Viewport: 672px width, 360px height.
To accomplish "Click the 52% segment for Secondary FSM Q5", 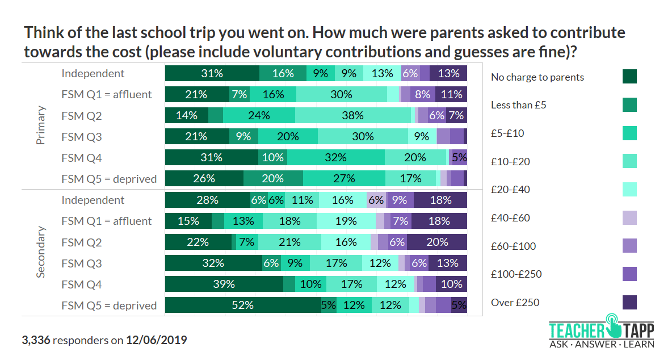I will coord(242,305).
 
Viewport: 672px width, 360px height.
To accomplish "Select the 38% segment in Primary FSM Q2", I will coord(352,115).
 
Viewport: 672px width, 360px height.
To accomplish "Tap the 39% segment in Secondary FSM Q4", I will coord(224,284).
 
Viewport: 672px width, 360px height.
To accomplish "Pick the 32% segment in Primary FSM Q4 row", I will coord(335,157).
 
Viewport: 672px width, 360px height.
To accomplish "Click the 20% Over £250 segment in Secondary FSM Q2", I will coord(437,242).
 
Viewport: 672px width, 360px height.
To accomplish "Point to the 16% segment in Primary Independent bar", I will coord(283,73).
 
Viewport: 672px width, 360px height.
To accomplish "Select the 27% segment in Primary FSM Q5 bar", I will coord(344,178).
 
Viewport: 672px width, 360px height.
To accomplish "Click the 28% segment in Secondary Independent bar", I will coord(207,200).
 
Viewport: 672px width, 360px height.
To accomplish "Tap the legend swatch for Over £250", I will coord(629,303).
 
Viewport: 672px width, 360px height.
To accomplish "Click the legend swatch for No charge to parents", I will coord(629,77).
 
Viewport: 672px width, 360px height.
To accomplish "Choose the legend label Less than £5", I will coord(518,105).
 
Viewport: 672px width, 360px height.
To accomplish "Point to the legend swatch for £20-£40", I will coord(629,190).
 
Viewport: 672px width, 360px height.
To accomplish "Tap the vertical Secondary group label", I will coord(41,252).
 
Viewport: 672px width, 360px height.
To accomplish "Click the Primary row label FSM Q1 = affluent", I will coord(107,94).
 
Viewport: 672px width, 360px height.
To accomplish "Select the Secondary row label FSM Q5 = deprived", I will coord(109,305).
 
